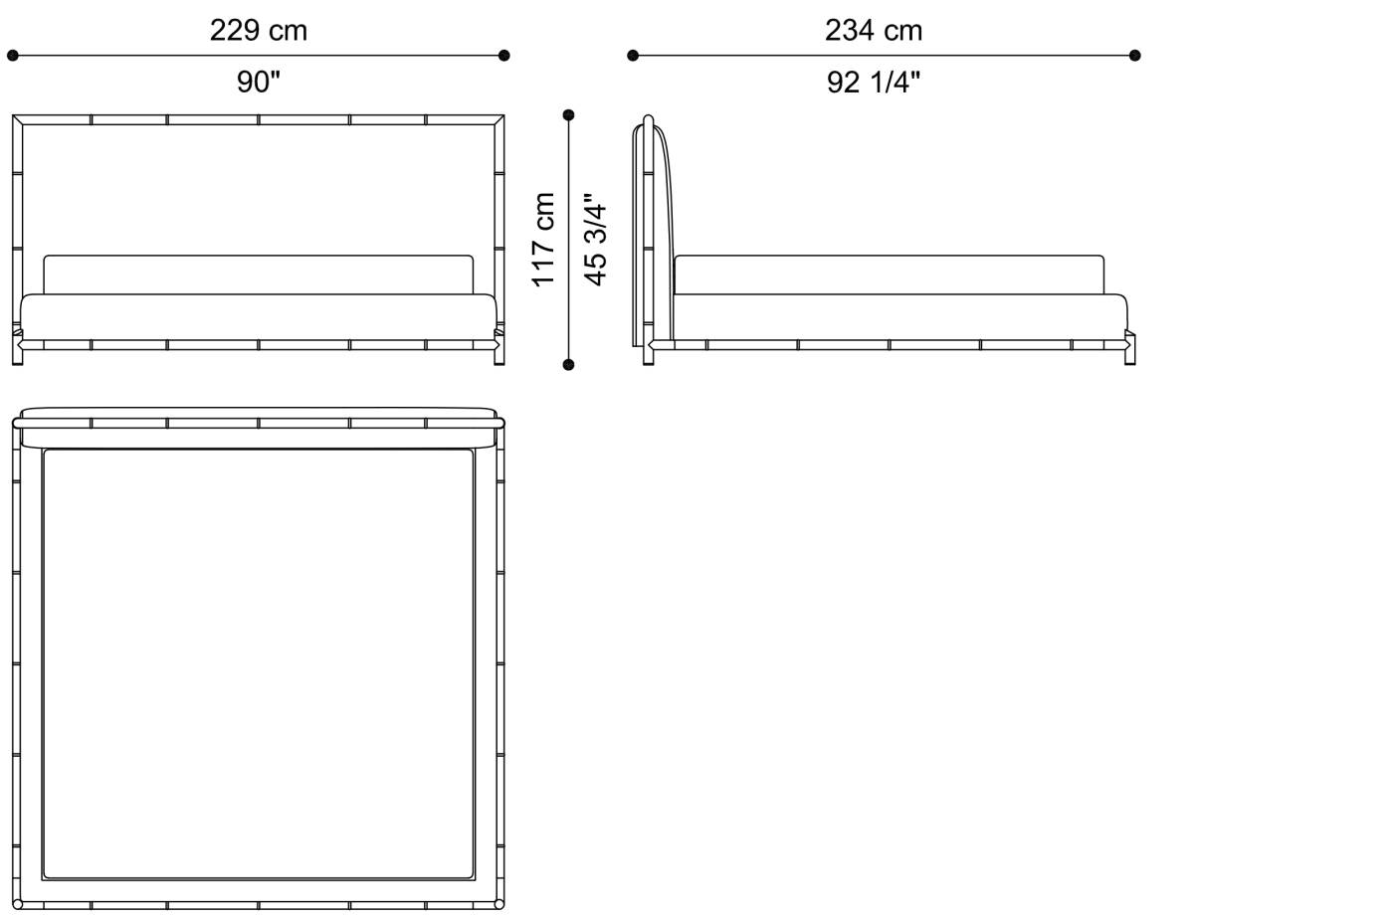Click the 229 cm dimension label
pyautogui.click(x=258, y=31)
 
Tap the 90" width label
pyautogui.click(x=258, y=83)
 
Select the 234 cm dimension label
pyautogui.click(x=873, y=31)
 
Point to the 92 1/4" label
pyautogui.click(x=873, y=83)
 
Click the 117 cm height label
pyautogui.click(x=543, y=240)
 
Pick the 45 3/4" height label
pyautogui.click(x=595, y=240)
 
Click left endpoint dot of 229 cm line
pyautogui.click(x=13, y=56)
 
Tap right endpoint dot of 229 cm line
pyautogui.click(x=503, y=56)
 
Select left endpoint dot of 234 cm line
pyautogui.click(x=633, y=56)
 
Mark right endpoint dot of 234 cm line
pyautogui.click(x=1135, y=56)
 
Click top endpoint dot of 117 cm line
pyautogui.click(x=568, y=114)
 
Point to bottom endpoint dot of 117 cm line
pyautogui.click(x=568, y=365)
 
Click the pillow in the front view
pyautogui.click(x=258, y=275)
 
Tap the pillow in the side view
pyautogui.click(x=889, y=275)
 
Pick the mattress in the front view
pyautogui.click(x=258, y=315)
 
